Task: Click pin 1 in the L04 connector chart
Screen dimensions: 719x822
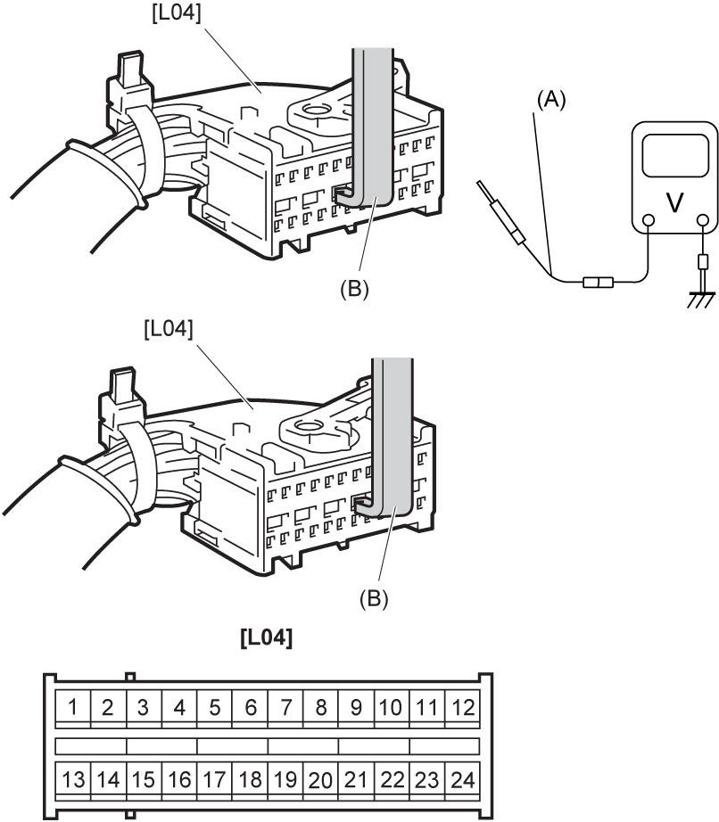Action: coord(73,709)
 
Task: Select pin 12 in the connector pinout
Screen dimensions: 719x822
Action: coord(463,709)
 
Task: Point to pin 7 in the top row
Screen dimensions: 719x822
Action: coord(285,709)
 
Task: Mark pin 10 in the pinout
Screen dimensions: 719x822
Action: coord(392,709)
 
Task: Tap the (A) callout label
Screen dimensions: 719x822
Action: coord(551,99)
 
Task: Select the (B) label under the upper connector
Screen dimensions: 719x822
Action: coord(354,288)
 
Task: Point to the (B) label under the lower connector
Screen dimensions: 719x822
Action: coord(374,598)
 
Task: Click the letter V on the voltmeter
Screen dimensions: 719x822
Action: coord(674,202)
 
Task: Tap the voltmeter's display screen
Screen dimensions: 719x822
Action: coord(675,156)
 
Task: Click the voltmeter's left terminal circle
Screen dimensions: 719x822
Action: coord(648,221)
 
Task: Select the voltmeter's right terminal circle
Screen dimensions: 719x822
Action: coord(703,221)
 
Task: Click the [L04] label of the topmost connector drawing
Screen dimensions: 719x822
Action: coord(177,13)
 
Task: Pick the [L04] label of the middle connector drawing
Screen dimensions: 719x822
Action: coord(169,329)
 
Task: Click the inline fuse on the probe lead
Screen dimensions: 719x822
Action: coord(598,284)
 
